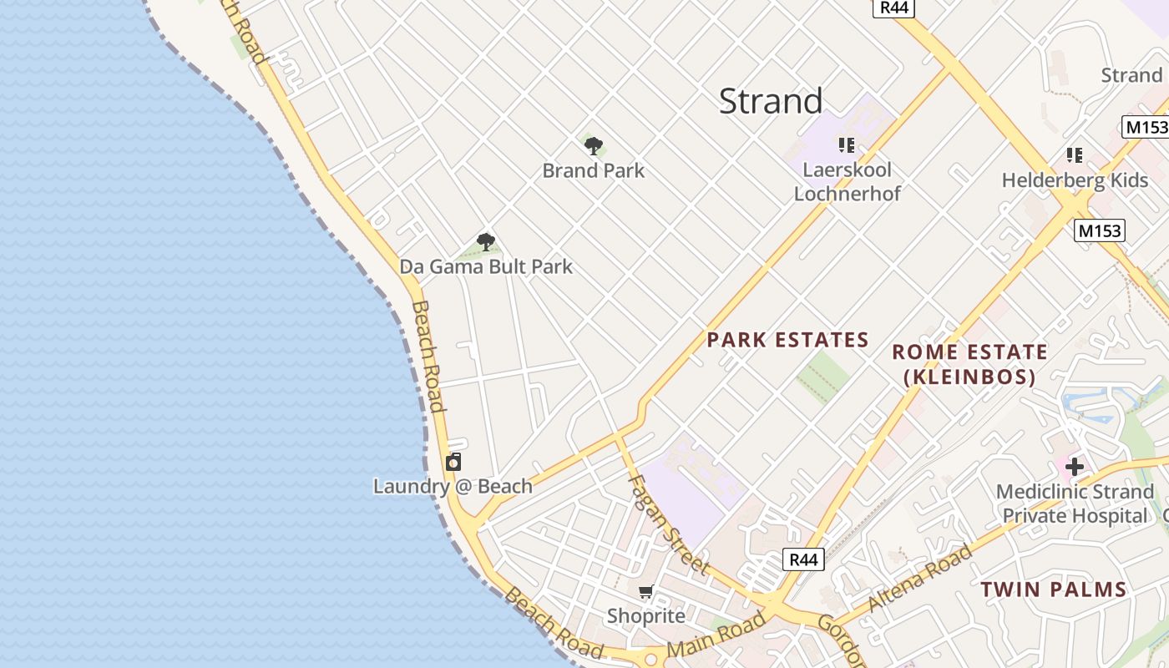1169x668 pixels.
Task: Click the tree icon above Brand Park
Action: point(594,147)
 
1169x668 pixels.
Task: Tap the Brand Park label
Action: point(594,171)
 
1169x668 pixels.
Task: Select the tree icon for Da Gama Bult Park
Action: point(486,243)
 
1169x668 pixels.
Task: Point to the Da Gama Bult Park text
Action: point(486,267)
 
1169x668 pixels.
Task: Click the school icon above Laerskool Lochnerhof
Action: point(847,145)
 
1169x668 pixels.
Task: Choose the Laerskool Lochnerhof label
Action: point(847,182)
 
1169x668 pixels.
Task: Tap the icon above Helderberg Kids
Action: point(1075,155)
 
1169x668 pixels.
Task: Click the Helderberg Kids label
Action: point(1075,180)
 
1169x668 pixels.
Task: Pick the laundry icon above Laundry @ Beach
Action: point(453,462)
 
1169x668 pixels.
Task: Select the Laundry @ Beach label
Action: point(453,487)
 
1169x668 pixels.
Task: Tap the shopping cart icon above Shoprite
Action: point(645,593)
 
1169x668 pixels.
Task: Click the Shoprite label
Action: point(645,616)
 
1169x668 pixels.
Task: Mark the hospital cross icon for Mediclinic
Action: point(1075,466)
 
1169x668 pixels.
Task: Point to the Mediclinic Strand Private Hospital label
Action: point(1075,504)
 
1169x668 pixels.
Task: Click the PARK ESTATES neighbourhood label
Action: point(787,340)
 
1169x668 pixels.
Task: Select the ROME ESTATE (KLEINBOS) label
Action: point(969,364)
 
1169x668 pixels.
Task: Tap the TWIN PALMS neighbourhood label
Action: point(1053,590)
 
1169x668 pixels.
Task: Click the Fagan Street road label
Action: point(668,524)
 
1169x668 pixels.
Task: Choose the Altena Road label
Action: point(920,578)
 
